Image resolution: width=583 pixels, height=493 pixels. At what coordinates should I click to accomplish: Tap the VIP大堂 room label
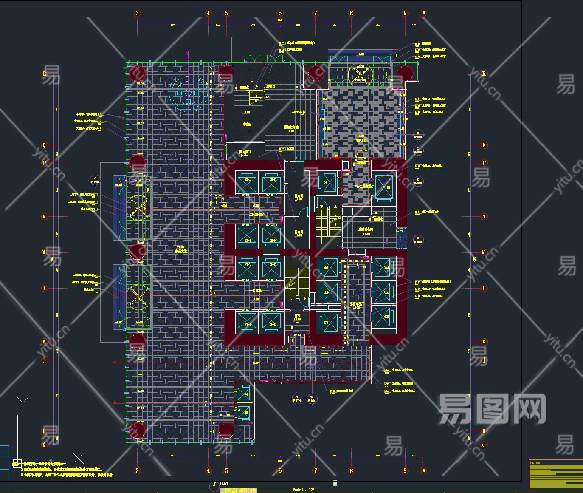pyautogui.click(x=361, y=141)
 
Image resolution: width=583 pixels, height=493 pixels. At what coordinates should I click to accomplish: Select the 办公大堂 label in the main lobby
pyautogui.click(x=181, y=251)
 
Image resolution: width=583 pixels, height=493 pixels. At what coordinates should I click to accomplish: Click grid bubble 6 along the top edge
pyautogui.click(x=280, y=13)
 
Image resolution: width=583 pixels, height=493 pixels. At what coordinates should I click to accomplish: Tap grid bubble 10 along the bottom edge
pyautogui.click(x=423, y=470)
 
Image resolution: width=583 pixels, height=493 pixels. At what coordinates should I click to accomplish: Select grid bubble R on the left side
pyautogui.click(x=45, y=74)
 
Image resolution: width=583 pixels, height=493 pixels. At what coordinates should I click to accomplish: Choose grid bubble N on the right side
pyautogui.click(x=484, y=217)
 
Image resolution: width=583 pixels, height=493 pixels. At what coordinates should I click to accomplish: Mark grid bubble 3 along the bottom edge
pyautogui.click(x=137, y=470)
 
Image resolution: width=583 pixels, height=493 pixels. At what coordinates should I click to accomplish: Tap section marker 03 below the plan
pyautogui.click(x=312, y=399)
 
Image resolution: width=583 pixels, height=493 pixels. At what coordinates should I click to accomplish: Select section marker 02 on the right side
pyautogui.click(x=418, y=182)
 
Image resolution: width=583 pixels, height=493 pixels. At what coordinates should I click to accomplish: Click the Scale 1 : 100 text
pyautogui.click(x=303, y=490)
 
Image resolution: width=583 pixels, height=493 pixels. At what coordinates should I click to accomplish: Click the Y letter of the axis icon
pyautogui.click(x=23, y=402)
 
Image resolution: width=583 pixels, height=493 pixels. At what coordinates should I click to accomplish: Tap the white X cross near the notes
pyautogui.click(x=78, y=458)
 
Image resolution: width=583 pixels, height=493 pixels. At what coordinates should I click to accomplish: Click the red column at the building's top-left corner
pyautogui.click(x=137, y=73)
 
